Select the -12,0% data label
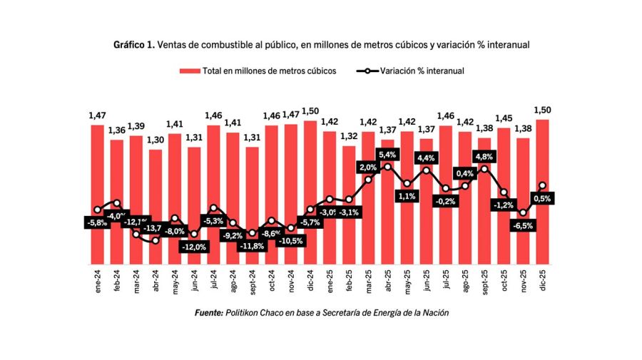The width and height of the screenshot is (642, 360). pyautogui.click(x=194, y=247)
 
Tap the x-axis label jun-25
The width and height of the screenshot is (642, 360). pyautogui.click(x=427, y=281)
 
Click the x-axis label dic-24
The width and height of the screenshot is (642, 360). pyautogui.click(x=310, y=281)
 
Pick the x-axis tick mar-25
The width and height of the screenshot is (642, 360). pyautogui.click(x=368, y=281)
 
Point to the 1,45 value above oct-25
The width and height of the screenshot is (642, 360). pyautogui.click(x=504, y=118)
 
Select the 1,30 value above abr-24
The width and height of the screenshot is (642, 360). pyautogui.click(x=156, y=140)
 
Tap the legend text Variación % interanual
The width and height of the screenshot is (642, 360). pyautogui.click(x=422, y=71)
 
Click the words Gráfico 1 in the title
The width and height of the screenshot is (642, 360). pyautogui.click(x=133, y=44)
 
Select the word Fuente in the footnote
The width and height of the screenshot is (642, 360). pyautogui.click(x=208, y=313)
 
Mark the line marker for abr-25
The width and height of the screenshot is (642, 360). pyautogui.click(x=387, y=167)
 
